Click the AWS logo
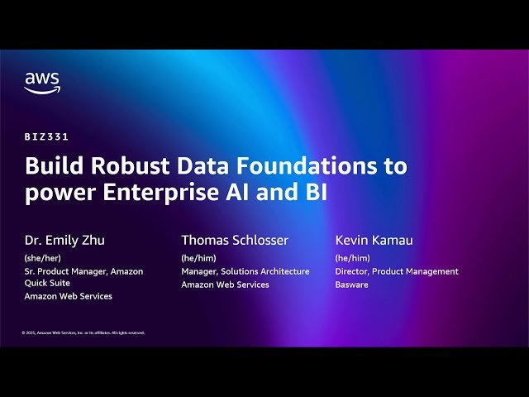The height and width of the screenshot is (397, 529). pyautogui.click(x=42, y=82)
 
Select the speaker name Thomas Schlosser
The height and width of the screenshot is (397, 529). pyautogui.click(x=235, y=241)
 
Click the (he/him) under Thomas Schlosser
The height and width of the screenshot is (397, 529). pyautogui.click(x=198, y=258)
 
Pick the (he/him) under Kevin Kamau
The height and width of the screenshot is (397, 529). pyautogui.click(x=352, y=258)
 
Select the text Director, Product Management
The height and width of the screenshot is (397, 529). pyautogui.click(x=397, y=271)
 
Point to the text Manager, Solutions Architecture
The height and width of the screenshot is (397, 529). pyautogui.click(x=245, y=271)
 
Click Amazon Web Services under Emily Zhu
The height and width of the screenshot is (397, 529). pyautogui.click(x=68, y=296)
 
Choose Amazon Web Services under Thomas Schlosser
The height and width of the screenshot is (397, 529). pyautogui.click(x=225, y=285)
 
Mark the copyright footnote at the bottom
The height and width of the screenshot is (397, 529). pyautogui.click(x=83, y=332)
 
